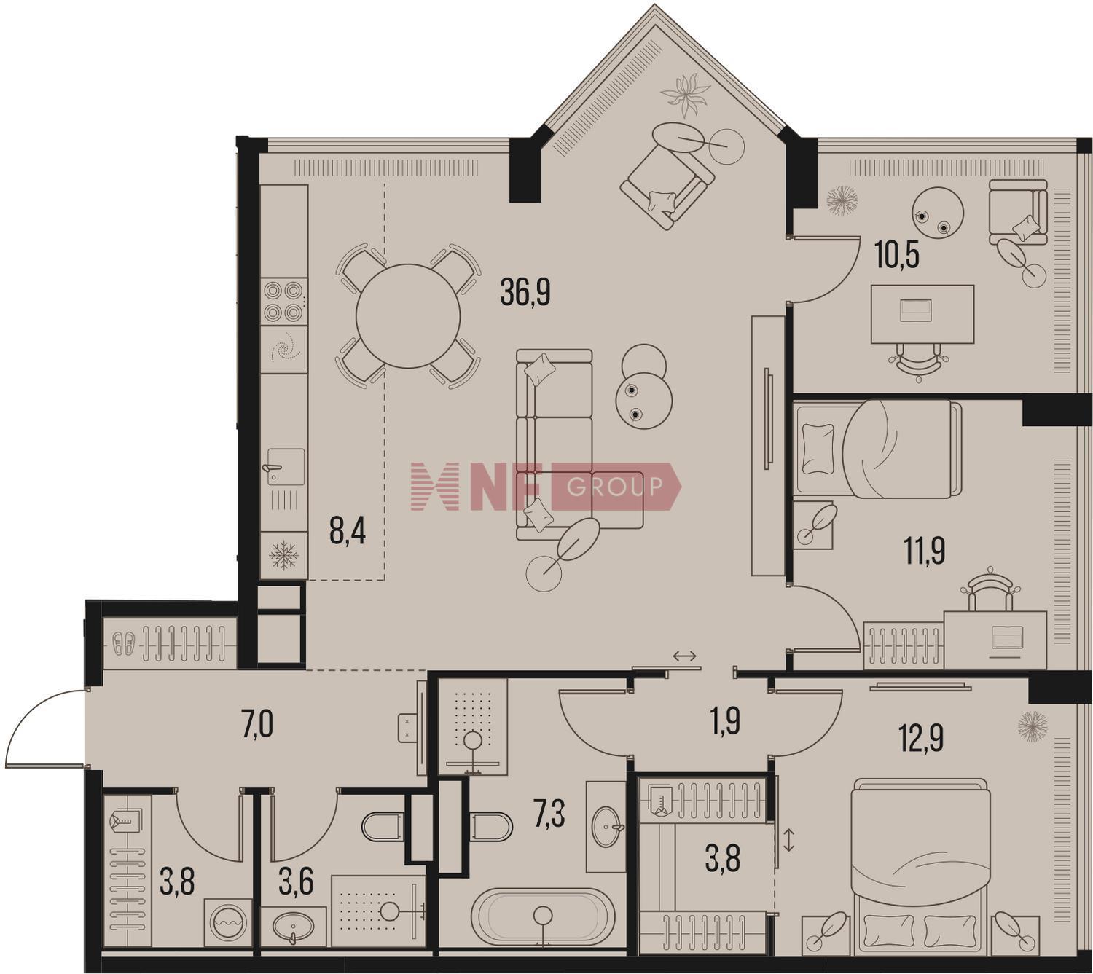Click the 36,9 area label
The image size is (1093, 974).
(525, 293)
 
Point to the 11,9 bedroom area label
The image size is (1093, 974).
(924, 550)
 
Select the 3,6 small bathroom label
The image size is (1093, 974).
(296, 882)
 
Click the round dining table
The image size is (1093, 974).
(408, 316)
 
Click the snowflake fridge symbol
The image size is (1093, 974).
(283, 556)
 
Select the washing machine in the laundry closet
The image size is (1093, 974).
(228, 922)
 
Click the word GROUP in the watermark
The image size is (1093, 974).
(614, 487)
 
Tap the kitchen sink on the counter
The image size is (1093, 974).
(283, 467)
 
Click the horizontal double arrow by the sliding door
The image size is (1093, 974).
(685, 656)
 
